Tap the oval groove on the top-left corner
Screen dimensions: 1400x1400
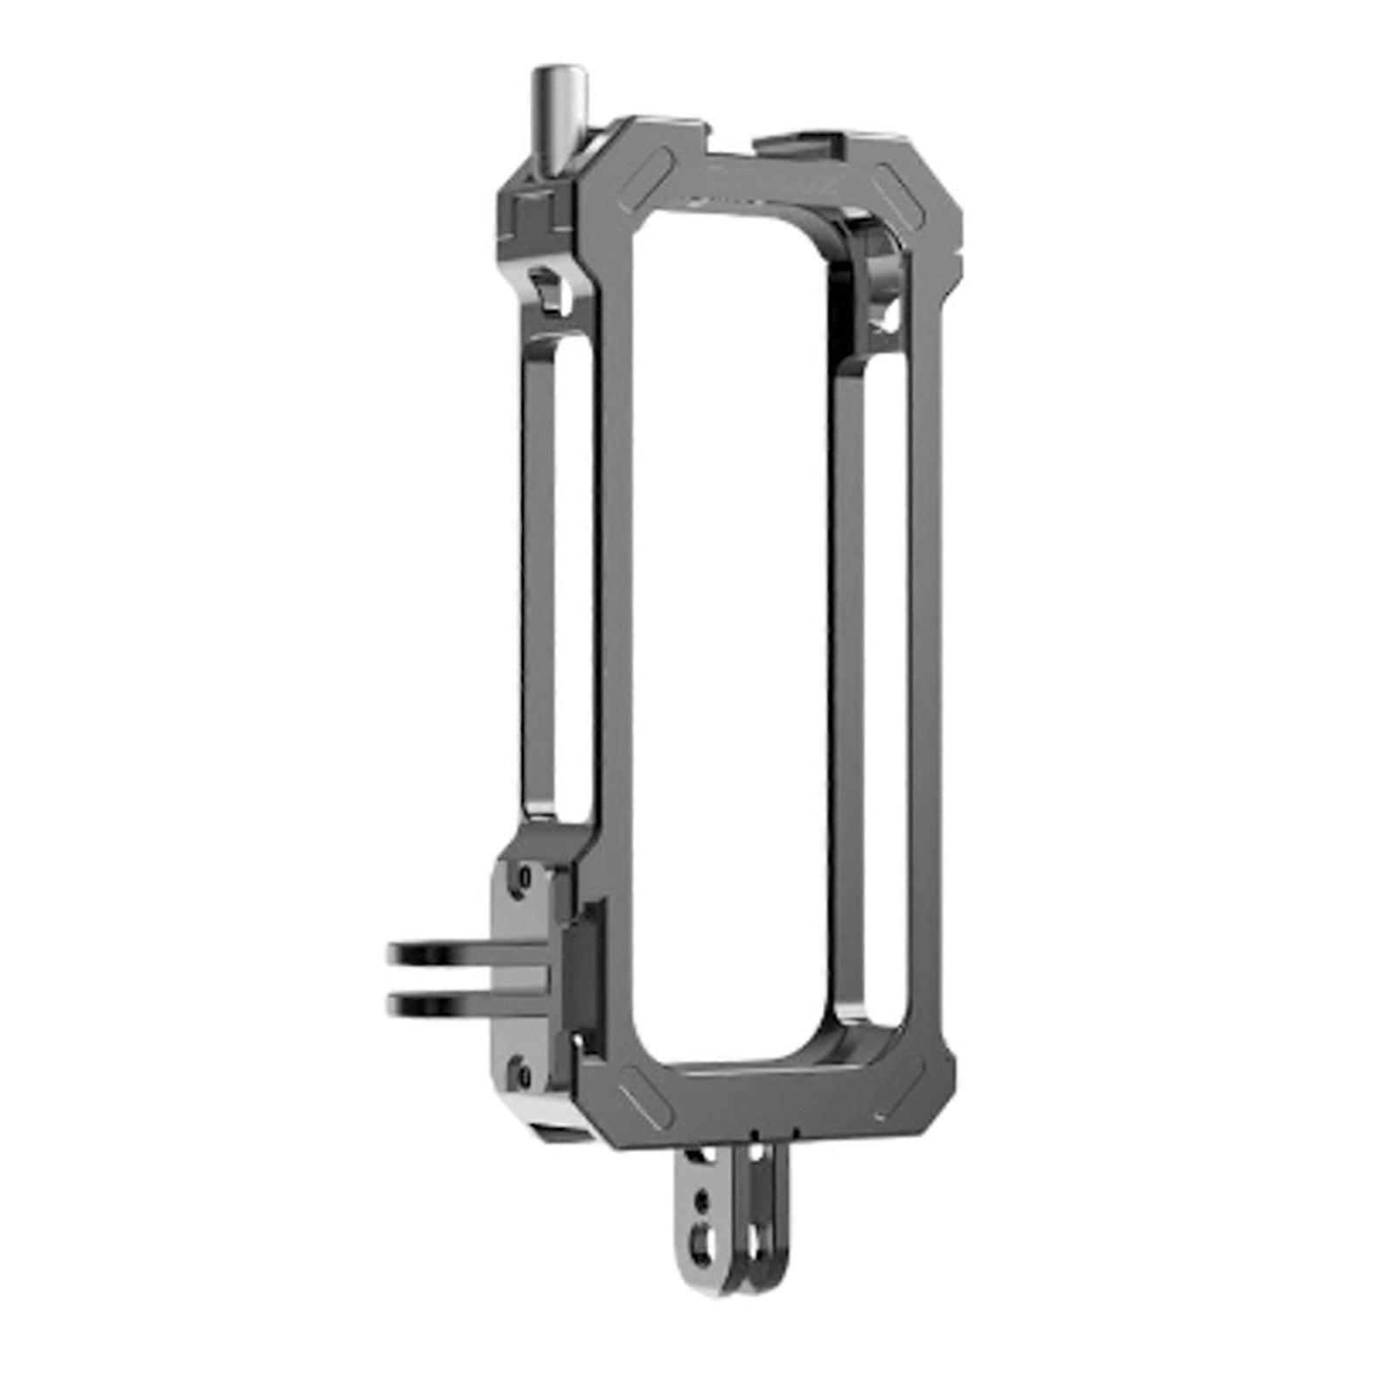(646, 180)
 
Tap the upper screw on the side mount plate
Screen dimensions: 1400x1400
(523, 877)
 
